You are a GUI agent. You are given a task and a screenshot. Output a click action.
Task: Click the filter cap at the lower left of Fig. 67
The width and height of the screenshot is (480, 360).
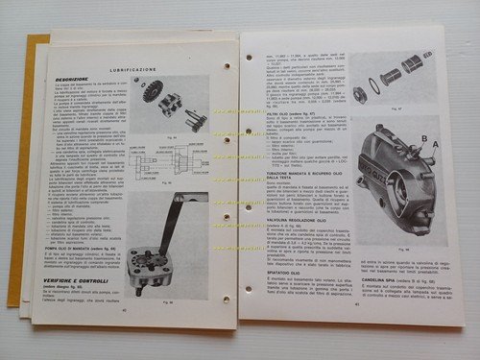[359, 93]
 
